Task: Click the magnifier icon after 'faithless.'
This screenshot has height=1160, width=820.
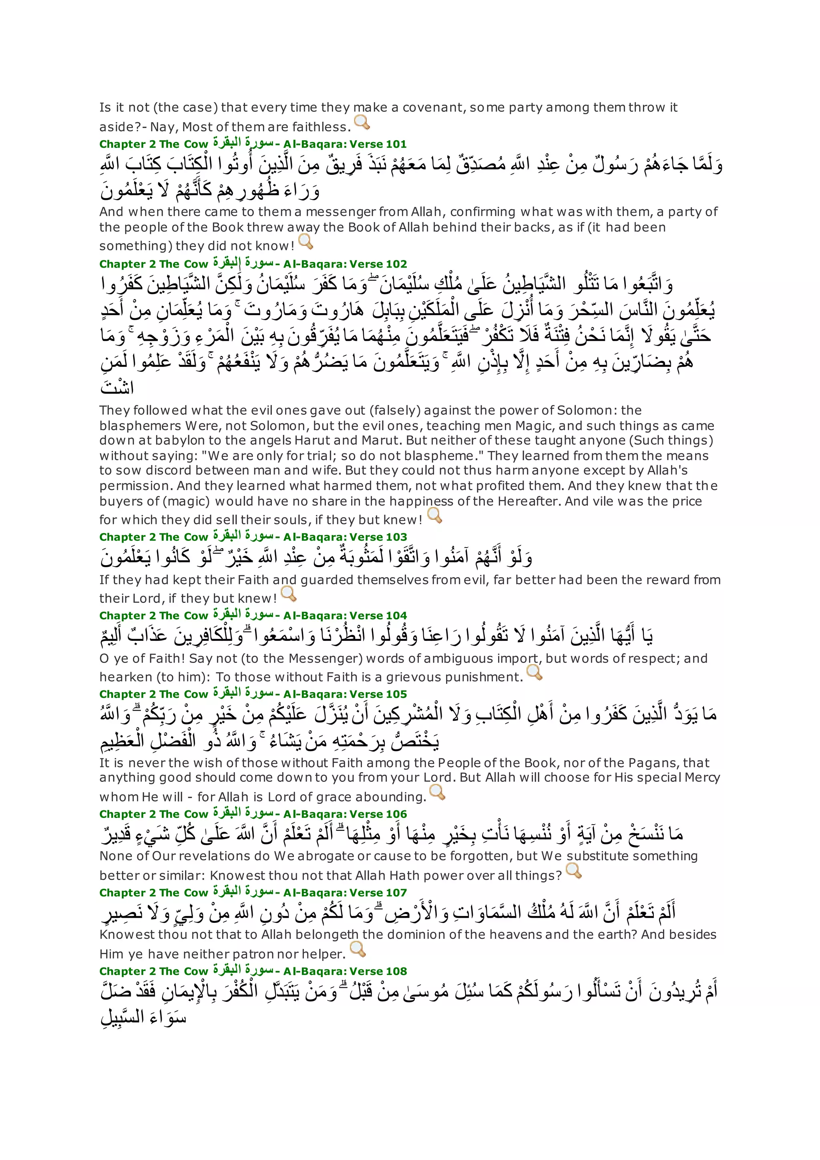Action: pos(362,122)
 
